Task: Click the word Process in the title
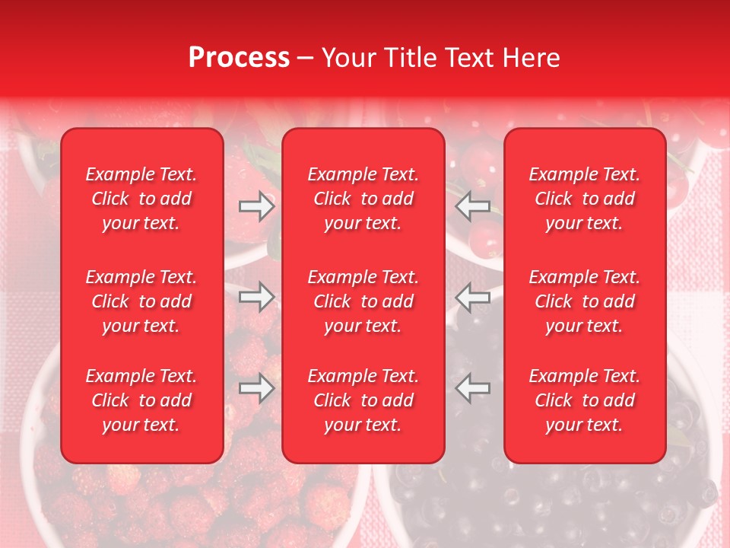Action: tap(239, 58)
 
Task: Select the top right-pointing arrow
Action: tap(256, 205)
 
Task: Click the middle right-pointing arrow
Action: tap(256, 297)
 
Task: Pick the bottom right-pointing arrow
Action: tap(256, 388)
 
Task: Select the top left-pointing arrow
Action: tap(473, 205)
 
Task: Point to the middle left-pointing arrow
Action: tap(473, 297)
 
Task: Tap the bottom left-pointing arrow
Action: tap(473, 388)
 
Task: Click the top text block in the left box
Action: tap(141, 199)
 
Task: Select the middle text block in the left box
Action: tap(141, 301)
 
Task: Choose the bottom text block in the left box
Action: tap(141, 400)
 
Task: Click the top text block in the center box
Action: tap(363, 199)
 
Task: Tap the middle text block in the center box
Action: tap(363, 301)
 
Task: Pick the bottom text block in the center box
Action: tap(363, 400)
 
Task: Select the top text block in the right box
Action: tap(584, 199)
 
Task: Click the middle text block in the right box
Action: tap(584, 301)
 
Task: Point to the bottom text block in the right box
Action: tap(584, 400)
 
